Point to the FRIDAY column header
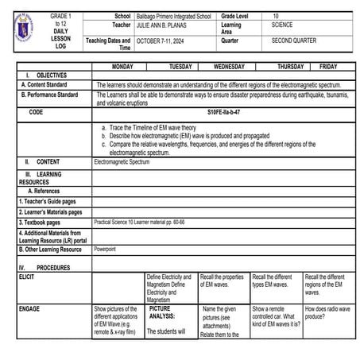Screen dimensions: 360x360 pos(328,67)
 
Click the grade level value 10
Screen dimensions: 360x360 pos(276,15)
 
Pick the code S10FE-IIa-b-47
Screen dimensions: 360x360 pos(224,113)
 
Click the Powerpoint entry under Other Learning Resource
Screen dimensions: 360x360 pos(105,249)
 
